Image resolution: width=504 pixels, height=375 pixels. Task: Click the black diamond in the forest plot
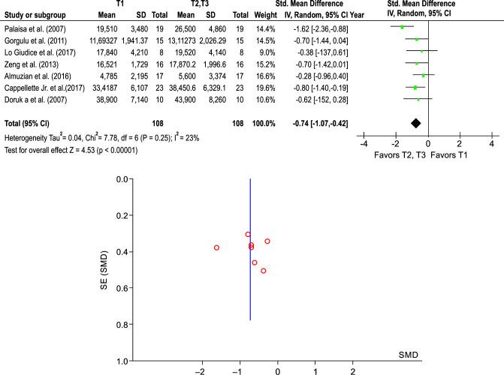[x=415, y=122]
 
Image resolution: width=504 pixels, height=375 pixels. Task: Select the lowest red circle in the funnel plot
[x=263, y=271]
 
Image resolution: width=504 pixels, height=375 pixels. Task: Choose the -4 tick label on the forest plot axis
[x=364, y=144]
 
